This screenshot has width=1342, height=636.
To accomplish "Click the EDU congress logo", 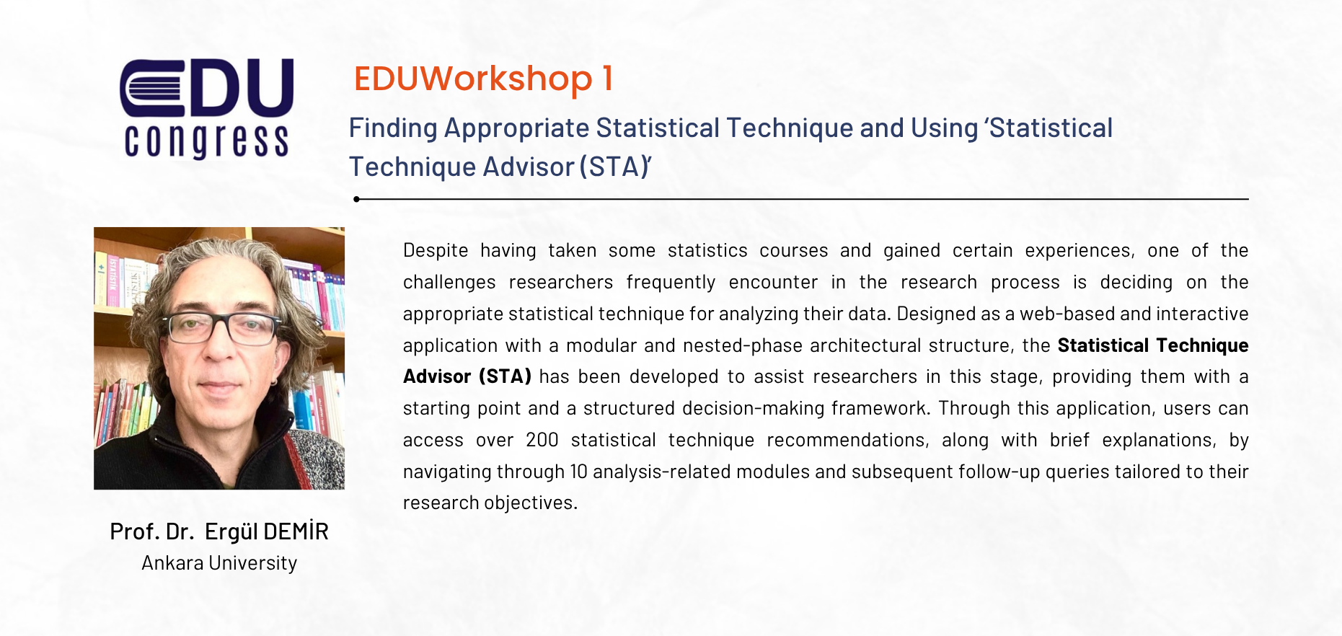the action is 206,108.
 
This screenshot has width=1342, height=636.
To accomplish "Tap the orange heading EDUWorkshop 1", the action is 483,78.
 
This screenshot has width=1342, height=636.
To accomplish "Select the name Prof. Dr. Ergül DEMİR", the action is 219,531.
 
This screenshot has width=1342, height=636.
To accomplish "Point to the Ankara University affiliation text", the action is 219,563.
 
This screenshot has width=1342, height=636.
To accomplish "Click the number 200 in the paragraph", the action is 542,440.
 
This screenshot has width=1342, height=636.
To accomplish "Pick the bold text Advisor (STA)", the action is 467,376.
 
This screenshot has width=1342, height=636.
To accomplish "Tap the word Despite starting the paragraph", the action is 436,251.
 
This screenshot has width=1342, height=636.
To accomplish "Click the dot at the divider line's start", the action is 356,199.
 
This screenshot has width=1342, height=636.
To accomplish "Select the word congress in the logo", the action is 206,141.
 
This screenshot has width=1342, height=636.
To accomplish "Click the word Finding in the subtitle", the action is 393,128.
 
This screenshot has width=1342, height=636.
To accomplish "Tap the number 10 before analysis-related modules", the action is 578,472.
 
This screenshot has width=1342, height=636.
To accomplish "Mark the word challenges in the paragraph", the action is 449,283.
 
